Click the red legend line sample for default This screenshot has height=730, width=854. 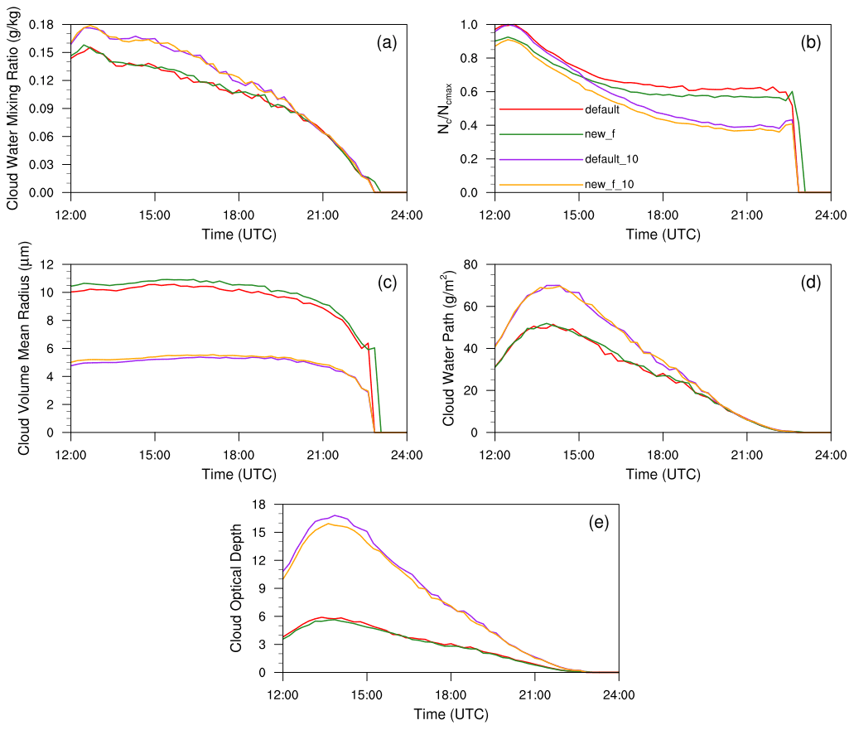coord(538,109)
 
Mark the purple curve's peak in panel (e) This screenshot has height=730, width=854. coord(335,515)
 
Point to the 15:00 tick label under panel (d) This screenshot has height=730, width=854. coord(578,453)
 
